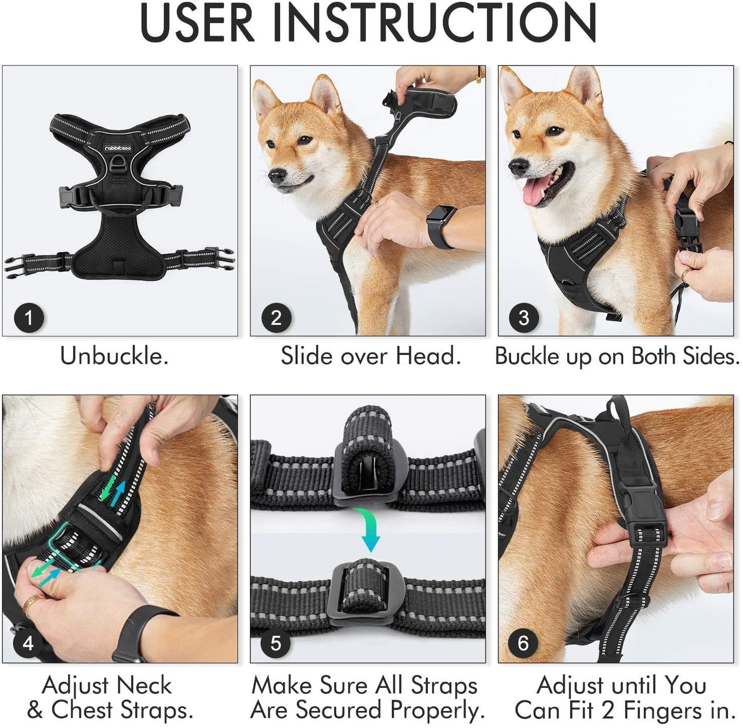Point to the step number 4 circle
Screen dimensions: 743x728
(x=28, y=643)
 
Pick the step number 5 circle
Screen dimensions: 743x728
(x=276, y=643)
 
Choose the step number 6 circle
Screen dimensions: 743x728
(x=523, y=643)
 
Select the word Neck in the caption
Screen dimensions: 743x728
(x=144, y=685)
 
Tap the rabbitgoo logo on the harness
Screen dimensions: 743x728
(x=118, y=148)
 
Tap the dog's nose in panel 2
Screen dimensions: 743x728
(x=276, y=175)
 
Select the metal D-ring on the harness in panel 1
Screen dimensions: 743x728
(x=118, y=167)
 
